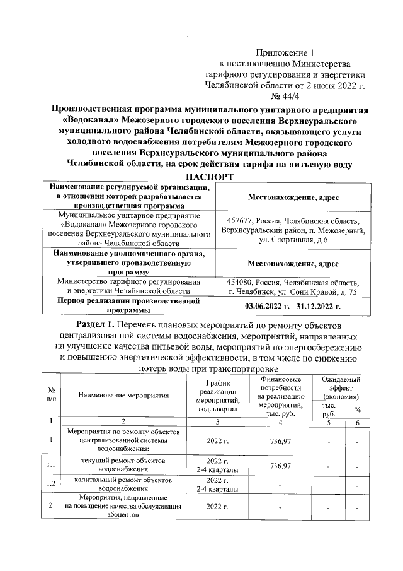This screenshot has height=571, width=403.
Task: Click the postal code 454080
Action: click(241, 282)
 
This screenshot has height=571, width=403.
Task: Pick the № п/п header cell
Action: click(50, 395)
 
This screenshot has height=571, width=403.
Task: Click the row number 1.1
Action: click(50, 466)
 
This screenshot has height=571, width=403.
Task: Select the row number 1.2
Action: click(50, 485)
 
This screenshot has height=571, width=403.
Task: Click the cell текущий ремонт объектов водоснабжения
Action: click(124, 466)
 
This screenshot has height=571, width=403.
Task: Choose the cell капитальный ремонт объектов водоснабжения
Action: click(124, 485)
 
